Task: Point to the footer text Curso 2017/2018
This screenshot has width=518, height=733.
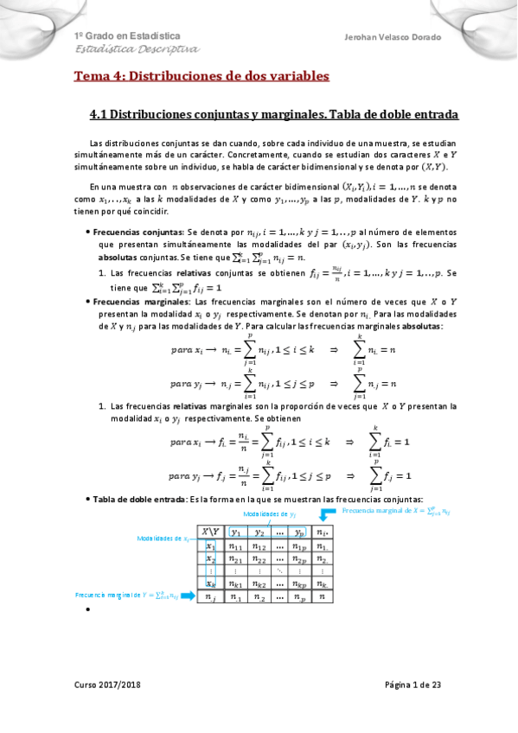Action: coord(106,685)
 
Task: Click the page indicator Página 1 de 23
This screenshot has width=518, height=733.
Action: coord(412,685)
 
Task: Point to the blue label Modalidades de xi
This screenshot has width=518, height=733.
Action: coord(164,539)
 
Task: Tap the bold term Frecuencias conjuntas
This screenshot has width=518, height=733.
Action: coord(130,233)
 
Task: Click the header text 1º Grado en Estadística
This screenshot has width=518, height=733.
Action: coord(127,36)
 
